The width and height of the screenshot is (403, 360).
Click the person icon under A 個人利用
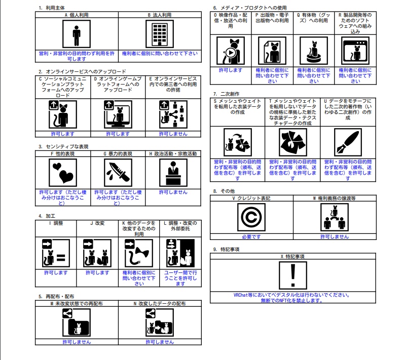click(x=77, y=34)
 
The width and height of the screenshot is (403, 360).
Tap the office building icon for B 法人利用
click(x=160, y=34)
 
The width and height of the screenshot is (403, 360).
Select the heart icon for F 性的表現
click(x=63, y=173)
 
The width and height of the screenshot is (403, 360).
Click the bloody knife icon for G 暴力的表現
click(x=118, y=173)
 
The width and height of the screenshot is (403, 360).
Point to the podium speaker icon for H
click(x=173, y=173)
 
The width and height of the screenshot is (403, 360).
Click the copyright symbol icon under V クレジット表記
click(x=251, y=217)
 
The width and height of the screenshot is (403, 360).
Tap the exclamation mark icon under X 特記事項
click(x=292, y=275)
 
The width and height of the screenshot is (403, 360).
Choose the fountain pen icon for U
click(x=348, y=142)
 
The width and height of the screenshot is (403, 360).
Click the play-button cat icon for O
click(x=231, y=51)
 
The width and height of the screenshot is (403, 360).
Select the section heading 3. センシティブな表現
click(x=63, y=147)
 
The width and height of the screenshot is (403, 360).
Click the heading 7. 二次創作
click(x=226, y=94)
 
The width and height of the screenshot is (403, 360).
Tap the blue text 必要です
click(x=251, y=237)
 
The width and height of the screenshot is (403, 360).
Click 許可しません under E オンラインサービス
click(x=173, y=134)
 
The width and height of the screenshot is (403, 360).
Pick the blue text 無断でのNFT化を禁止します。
click(x=291, y=300)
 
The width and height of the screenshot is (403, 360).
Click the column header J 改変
click(x=97, y=223)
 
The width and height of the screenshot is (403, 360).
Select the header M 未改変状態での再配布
click(x=77, y=304)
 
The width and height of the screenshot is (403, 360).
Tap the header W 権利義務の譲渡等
click(x=335, y=198)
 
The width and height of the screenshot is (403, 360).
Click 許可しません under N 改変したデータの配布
click(x=160, y=342)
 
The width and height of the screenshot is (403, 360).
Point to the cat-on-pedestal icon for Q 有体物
click(x=314, y=51)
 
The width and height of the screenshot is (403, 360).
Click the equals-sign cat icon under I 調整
click(x=56, y=253)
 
